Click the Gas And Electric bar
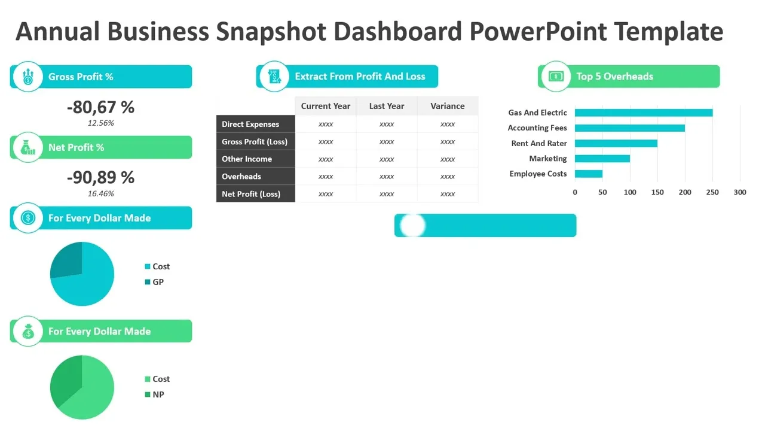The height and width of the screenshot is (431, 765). [x=644, y=113]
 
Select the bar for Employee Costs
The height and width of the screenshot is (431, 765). [x=589, y=174]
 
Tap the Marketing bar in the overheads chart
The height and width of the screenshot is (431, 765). [x=602, y=159]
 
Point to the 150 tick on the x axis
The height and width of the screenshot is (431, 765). [x=657, y=192]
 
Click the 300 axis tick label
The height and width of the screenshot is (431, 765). [x=740, y=192]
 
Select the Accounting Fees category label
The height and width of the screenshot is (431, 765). [x=537, y=128]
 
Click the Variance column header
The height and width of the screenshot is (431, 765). [x=448, y=106]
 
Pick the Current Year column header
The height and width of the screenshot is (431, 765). [x=326, y=106]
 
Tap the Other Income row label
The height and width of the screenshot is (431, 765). [x=247, y=159]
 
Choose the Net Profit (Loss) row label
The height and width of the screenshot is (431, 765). [x=251, y=194]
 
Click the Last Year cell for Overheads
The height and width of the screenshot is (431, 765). [x=387, y=177]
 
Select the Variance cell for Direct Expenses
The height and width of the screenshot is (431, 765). [x=448, y=124]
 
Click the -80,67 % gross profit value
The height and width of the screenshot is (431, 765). [x=101, y=107]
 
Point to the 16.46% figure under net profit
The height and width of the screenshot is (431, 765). [x=101, y=193]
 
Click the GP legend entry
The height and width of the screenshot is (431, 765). [x=154, y=282]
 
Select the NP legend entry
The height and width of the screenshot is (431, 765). [x=154, y=394]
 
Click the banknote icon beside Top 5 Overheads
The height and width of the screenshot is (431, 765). [x=556, y=76]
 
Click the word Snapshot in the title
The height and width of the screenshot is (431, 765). [x=271, y=32]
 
